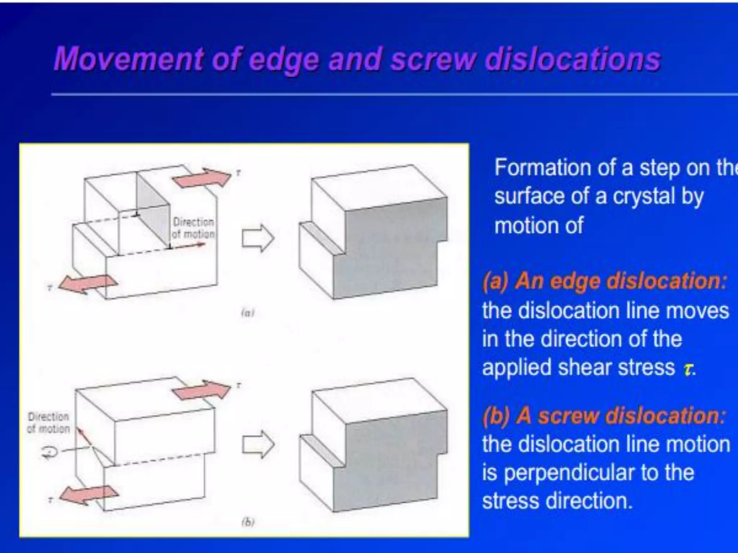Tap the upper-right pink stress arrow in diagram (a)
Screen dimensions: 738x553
(202, 177)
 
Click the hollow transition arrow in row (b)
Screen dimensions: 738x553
(258, 445)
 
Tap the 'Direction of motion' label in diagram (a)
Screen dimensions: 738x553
(194, 228)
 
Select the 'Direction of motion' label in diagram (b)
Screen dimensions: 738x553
(49, 423)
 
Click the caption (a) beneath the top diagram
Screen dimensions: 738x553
(248, 313)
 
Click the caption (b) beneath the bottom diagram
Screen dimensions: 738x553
(248, 522)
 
